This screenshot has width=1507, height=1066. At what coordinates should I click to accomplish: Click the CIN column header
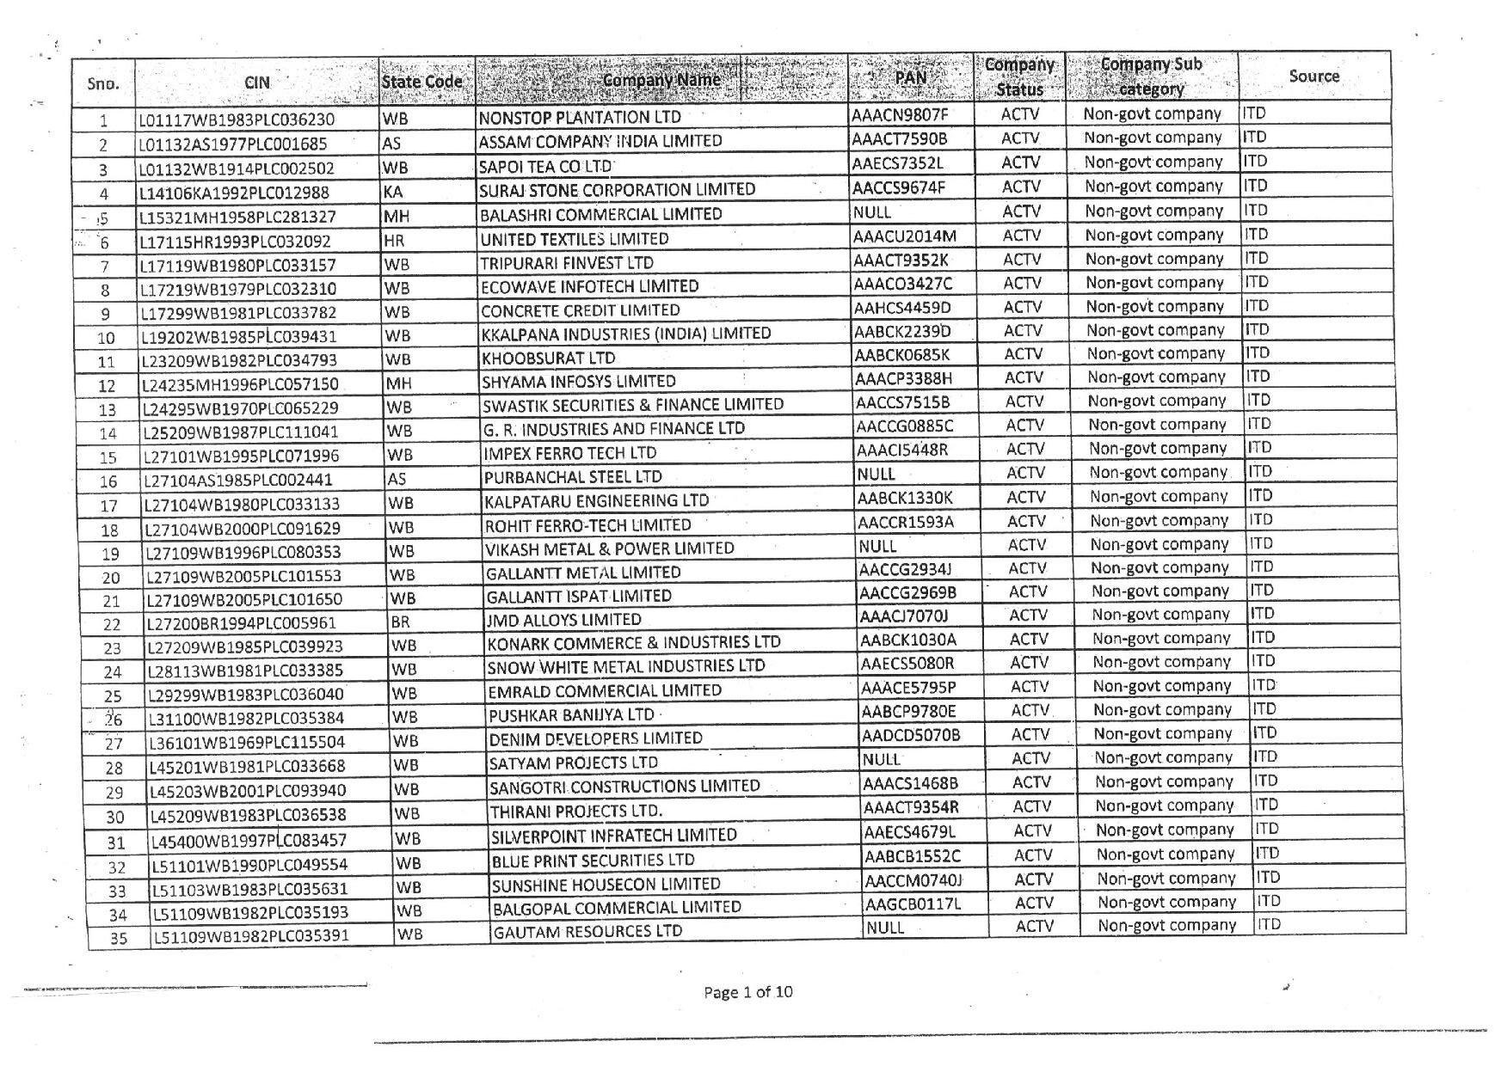pos(256,83)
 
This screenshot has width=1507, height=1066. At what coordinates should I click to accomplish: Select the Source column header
pos(1313,76)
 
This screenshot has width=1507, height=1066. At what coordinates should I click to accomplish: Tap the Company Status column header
pos(1020,77)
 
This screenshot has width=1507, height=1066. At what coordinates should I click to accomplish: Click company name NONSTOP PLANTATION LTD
pos(580,117)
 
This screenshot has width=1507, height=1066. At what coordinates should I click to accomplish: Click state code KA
pos(393,192)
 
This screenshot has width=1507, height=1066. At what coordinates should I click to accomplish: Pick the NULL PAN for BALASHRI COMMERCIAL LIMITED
pos(872,211)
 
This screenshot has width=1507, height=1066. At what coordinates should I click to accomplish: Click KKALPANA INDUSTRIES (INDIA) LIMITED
pos(625,333)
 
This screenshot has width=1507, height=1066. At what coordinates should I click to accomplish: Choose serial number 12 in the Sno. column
pos(107,386)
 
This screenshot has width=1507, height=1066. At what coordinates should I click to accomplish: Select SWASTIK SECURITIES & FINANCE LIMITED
pos(632,404)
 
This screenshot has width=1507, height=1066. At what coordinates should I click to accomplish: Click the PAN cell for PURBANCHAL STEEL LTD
pos(877,474)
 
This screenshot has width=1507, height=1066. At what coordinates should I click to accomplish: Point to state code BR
pos(400,622)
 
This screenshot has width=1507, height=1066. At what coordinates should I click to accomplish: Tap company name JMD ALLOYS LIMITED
pos(563,619)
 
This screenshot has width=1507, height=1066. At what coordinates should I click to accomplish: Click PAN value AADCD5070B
pos(911,734)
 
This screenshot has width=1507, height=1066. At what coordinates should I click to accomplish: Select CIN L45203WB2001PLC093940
pos(248,791)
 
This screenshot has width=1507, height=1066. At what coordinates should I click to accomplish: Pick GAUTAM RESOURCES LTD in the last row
pos(587,931)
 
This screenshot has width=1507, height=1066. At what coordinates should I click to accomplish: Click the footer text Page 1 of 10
pos(747,992)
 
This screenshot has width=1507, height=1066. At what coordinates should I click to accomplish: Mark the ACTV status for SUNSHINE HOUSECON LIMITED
pos(1033,879)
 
